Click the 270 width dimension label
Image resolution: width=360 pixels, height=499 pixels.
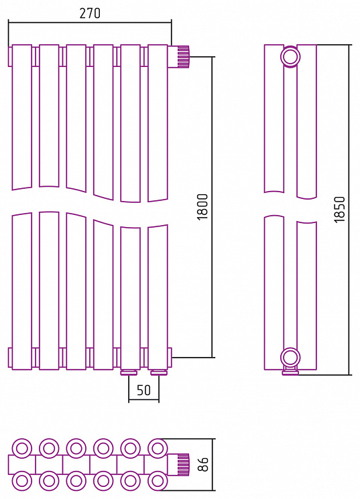[x=90, y=13]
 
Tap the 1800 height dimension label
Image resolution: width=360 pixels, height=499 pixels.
[x=202, y=207]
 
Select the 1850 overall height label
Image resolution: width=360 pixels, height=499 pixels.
[x=340, y=210]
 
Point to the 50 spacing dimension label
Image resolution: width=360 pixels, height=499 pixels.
[x=143, y=390]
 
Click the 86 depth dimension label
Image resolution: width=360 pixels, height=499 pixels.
[x=202, y=464]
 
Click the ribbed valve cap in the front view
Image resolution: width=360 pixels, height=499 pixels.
[x=183, y=57]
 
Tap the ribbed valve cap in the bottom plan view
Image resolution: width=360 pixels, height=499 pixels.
[x=183, y=464]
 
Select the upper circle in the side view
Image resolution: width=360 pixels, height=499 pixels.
[x=290, y=57]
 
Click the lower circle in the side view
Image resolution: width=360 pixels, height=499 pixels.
[x=290, y=358]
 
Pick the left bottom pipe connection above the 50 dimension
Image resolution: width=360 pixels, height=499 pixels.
[x=129, y=372]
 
